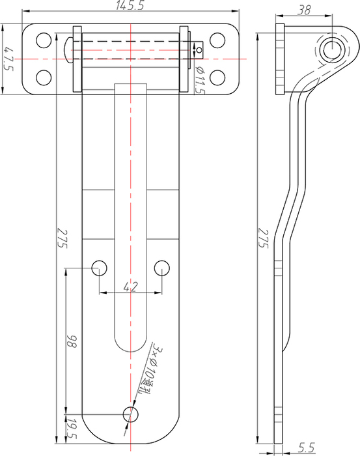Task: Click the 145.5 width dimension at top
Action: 130,5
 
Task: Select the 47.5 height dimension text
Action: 8,59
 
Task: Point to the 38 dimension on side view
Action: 304,10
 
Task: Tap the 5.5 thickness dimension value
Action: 306,448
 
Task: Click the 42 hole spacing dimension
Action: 130,287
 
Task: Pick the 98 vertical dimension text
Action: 72,341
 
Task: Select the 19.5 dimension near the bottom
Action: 72,429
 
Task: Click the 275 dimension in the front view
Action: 62,238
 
